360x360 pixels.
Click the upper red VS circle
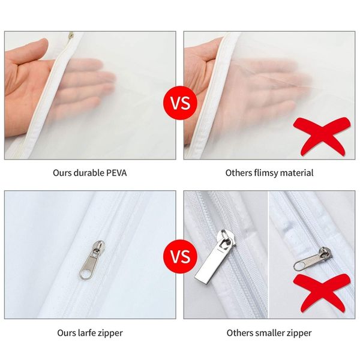180,103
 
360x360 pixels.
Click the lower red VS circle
180,256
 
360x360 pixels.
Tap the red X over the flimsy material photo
322,136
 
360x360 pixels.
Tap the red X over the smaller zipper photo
322,293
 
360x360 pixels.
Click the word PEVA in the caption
116,173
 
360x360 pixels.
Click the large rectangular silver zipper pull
215,255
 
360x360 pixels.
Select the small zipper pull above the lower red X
313,259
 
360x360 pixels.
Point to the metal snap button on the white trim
71,35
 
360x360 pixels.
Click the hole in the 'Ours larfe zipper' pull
84,274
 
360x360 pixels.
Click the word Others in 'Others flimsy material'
238,173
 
